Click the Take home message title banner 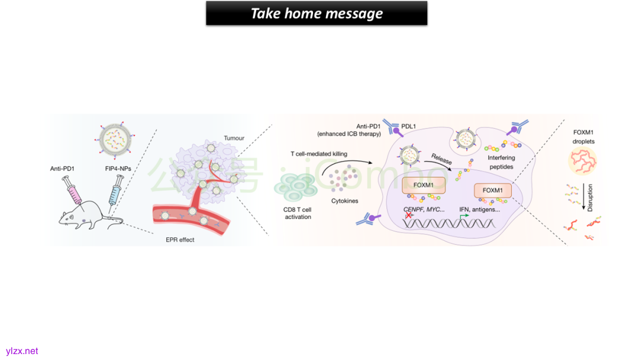click(x=317, y=13)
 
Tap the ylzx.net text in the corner click(x=22, y=351)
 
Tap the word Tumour click(x=234, y=139)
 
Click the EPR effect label click(x=180, y=239)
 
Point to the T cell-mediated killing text click(x=319, y=154)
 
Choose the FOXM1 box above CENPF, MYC click(x=424, y=185)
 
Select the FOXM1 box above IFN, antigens click(x=492, y=190)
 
